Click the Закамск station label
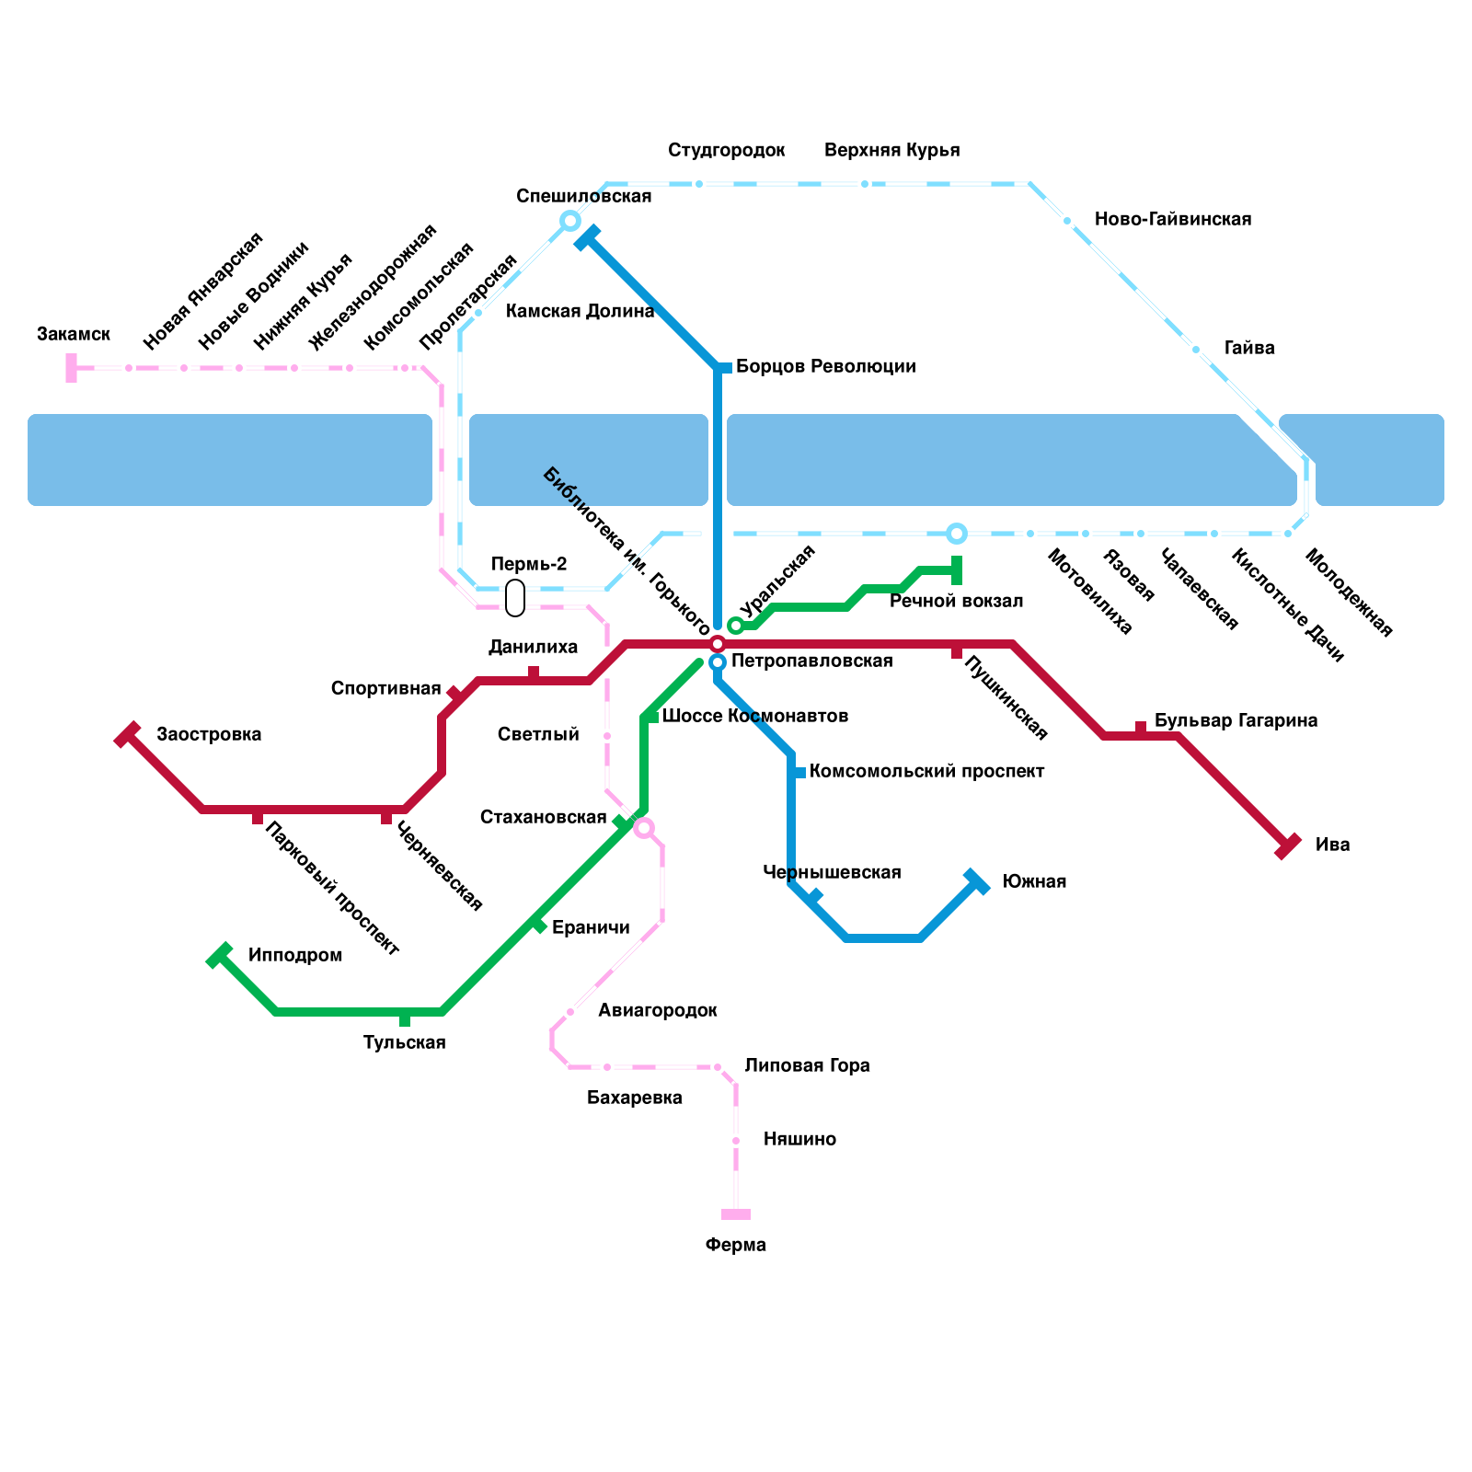pyautogui.click(x=74, y=334)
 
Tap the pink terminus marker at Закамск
pyautogui.click(x=71, y=368)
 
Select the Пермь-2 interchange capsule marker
pyautogui.click(x=515, y=598)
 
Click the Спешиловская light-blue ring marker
pyautogui.click(x=570, y=221)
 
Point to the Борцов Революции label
pyautogui.click(x=825, y=367)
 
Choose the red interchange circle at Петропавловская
pyautogui.click(x=718, y=644)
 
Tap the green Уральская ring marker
pyautogui.click(x=736, y=626)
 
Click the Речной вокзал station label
pyautogui.click(x=956, y=602)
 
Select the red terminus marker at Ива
pyautogui.click(x=1288, y=845)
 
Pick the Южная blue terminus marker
pyautogui.click(x=976, y=881)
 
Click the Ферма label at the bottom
pyautogui.click(x=735, y=1246)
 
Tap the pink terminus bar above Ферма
pyautogui.click(x=736, y=1214)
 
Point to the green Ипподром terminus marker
pyautogui.click(x=219, y=956)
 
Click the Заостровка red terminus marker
pyautogui.click(x=127, y=734)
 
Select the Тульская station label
pyautogui.click(x=404, y=1043)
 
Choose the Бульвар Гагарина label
pyautogui.click(x=1236, y=720)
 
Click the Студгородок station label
pyautogui.click(x=726, y=151)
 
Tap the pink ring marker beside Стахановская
pyautogui.click(x=644, y=828)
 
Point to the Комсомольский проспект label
pyautogui.click(x=926, y=772)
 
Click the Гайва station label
pyautogui.click(x=1248, y=349)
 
